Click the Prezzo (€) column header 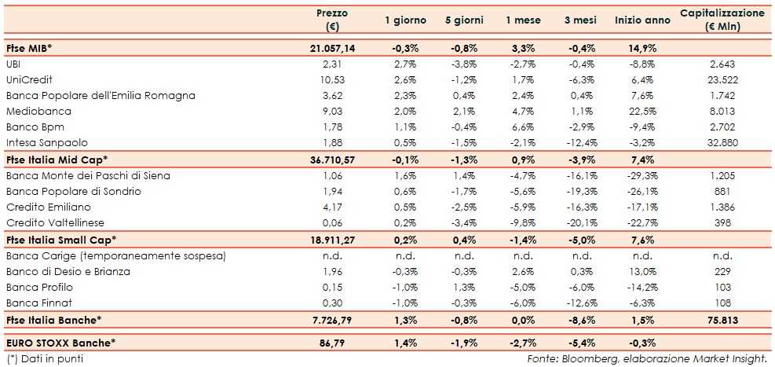(331, 20)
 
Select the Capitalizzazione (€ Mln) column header (722, 20)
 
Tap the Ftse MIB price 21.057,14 (332, 48)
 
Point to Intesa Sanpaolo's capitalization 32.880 (721, 142)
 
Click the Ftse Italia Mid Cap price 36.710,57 (332, 160)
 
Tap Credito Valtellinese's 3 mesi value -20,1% (582, 222)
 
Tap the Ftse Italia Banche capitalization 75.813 (721, 320)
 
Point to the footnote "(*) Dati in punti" (44, 358)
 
